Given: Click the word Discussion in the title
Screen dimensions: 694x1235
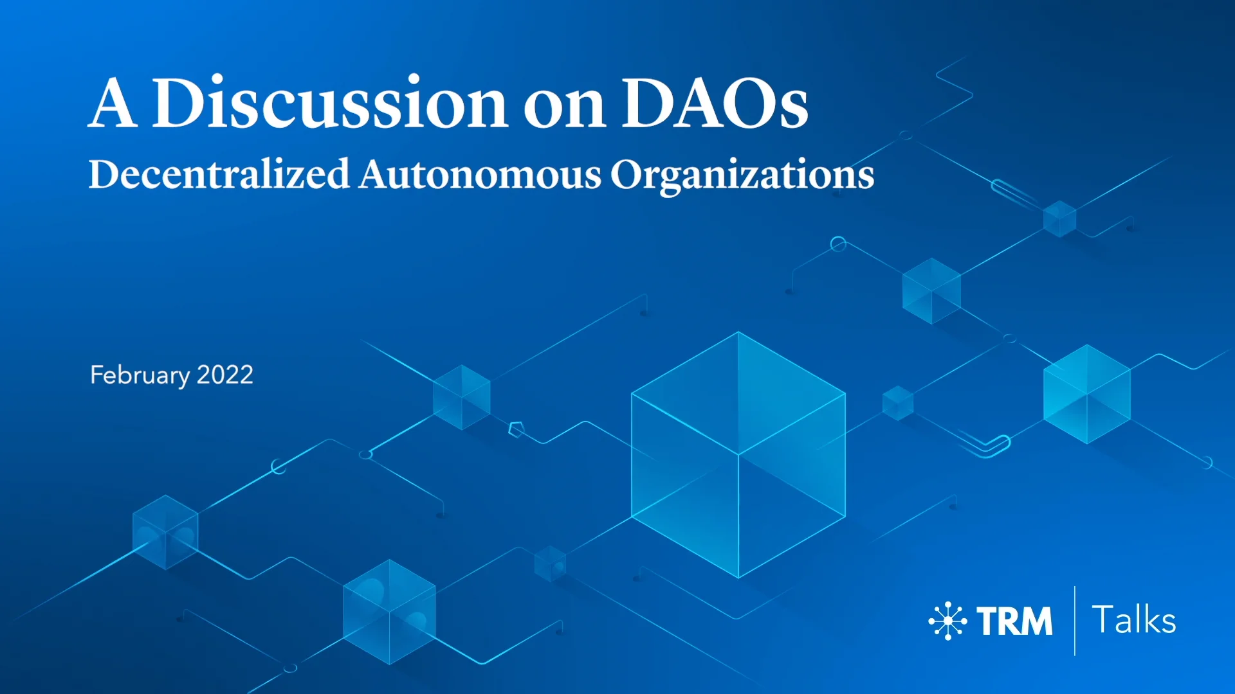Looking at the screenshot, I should pyautogui.click(x=330, y=103).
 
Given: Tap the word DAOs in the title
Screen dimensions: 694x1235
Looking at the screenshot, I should pyautogui.click(x=715, y=103).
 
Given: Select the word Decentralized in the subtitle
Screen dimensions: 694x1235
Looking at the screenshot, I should pyautogui.click(x=219, y=174).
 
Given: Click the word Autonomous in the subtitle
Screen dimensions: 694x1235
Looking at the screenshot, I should pyautogui.click(x=480, y=174).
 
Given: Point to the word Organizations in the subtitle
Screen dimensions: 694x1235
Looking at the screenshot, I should pyautogui.click(x=742, y=175).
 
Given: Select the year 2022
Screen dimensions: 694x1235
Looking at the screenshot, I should pyautogui.click(x=225, y=375).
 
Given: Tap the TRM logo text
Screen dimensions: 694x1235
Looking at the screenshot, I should pyautogui.click(x=1014, y=621).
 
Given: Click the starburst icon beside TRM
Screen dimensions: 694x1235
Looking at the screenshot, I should pyautogui.click(x=947, y=621).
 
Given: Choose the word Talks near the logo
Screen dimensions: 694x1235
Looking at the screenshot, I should pyautogui.click(x=1134, y=620).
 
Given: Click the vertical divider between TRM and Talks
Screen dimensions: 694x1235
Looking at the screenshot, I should pyautogui.click(x=1075, y=621).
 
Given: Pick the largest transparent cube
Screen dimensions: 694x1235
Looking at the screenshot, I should pyautogui.click(x=738, y=455).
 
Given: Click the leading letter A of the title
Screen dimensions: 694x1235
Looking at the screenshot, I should pyautogui.click(x=113, y=103).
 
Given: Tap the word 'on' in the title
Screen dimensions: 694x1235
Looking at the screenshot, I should pyautogui.click(x=564, y=106).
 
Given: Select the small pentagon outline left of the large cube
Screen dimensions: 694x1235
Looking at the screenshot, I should pyautogui.click(x=517, y=429).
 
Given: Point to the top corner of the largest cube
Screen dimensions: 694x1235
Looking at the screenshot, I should pyautogui.click(x=738, y=332).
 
